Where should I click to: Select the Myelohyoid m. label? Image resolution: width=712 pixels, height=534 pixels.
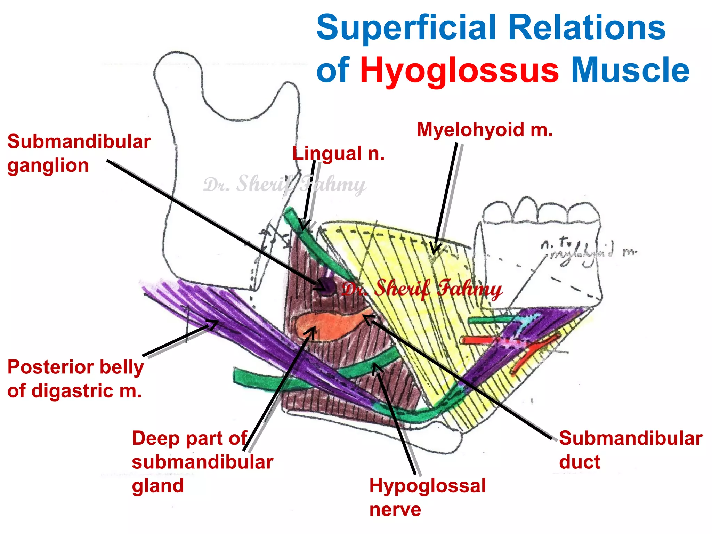[x=484, y=130]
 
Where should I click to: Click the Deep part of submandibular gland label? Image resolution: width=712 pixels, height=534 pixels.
[x=202, y=462]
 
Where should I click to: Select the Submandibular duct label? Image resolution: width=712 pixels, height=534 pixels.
[x=630, y=450]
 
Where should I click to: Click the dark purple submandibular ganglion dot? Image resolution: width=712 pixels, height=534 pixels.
[x=327, y=287]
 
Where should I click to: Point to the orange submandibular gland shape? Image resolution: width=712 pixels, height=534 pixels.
[x=323, y=325]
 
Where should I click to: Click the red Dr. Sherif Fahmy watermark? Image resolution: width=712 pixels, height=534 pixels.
[x=421, y=289]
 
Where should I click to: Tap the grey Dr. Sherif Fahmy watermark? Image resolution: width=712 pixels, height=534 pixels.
[x=284, y=184]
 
